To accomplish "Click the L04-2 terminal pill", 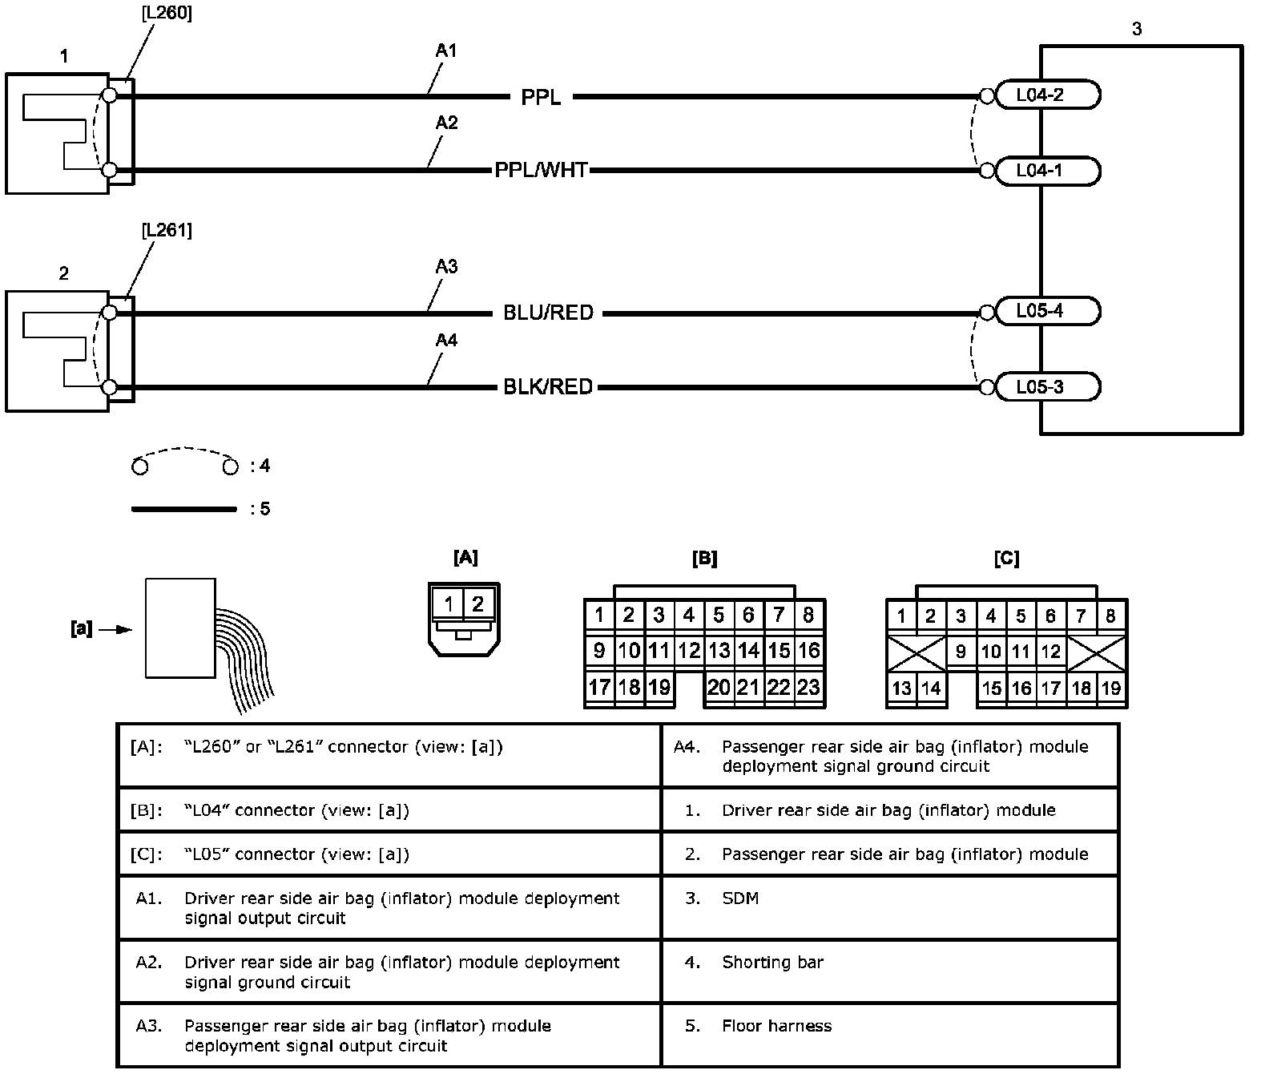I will pos(1046,95).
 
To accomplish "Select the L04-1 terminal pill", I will pos(1046,171).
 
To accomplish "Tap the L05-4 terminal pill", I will pos(1046,311).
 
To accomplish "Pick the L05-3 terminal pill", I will pos(1046,387).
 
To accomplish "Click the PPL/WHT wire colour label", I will pos(541,171).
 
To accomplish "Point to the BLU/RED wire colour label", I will pos(548,313).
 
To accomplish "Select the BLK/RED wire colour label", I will pos(548,387).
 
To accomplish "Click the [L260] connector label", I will pos(166,14).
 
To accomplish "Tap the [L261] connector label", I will pos(166,231).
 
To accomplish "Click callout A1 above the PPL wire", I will pos(446,50).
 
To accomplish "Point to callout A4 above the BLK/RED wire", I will pos(446,341).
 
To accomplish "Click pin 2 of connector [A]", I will pos(477,604).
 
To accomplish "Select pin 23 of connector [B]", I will pos(809,688).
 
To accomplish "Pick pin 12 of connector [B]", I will pos(689,651).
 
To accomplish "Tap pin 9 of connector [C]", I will pos(961,652).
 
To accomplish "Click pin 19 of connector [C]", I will pos(1111,688).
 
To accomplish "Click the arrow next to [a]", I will pos(121,630).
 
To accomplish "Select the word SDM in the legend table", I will pos(740,898).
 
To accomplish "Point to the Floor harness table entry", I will pos(776,1026).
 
